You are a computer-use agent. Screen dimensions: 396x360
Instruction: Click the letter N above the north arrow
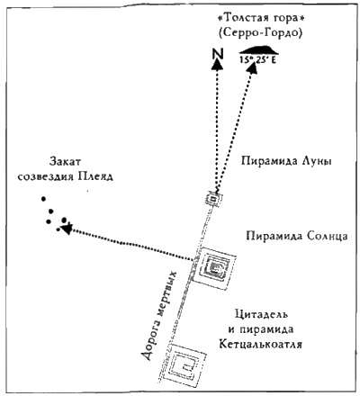tap(217, 55)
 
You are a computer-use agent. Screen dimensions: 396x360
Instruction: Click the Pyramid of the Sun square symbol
tap(215, 266)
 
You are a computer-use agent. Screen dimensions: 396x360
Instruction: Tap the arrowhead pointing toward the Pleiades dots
tap(67, 229)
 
